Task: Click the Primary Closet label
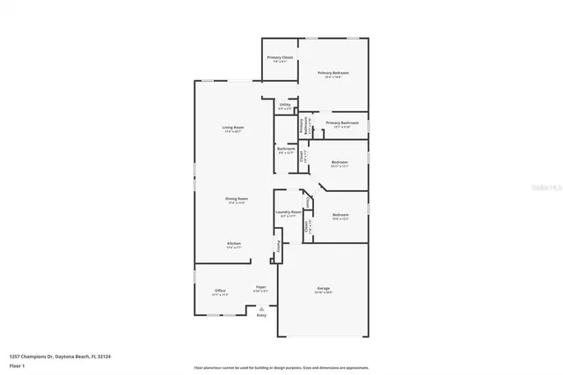click(x=280, y=57)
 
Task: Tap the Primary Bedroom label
click(x=333, y=73)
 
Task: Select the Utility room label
click(x=285, y=105)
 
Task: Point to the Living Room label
click(x=232, y=129)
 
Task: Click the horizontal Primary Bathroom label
click(x=342, y=123)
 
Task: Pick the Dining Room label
click(x=236, y=199)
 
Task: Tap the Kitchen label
click(x=234, y=244)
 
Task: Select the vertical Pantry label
click(x=279, y=249)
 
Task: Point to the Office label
click(x=220, y=291)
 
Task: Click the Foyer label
click(x=260, y=288)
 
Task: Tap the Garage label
click(x=323, y=290)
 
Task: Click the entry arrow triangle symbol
click(x=261, y=308)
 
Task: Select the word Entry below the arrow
click(x=261, y=315)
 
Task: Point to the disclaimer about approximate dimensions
click(x=281, y=367)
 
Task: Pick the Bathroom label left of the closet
click(x=286, y=149)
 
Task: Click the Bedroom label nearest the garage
click(x=340, y=215)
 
